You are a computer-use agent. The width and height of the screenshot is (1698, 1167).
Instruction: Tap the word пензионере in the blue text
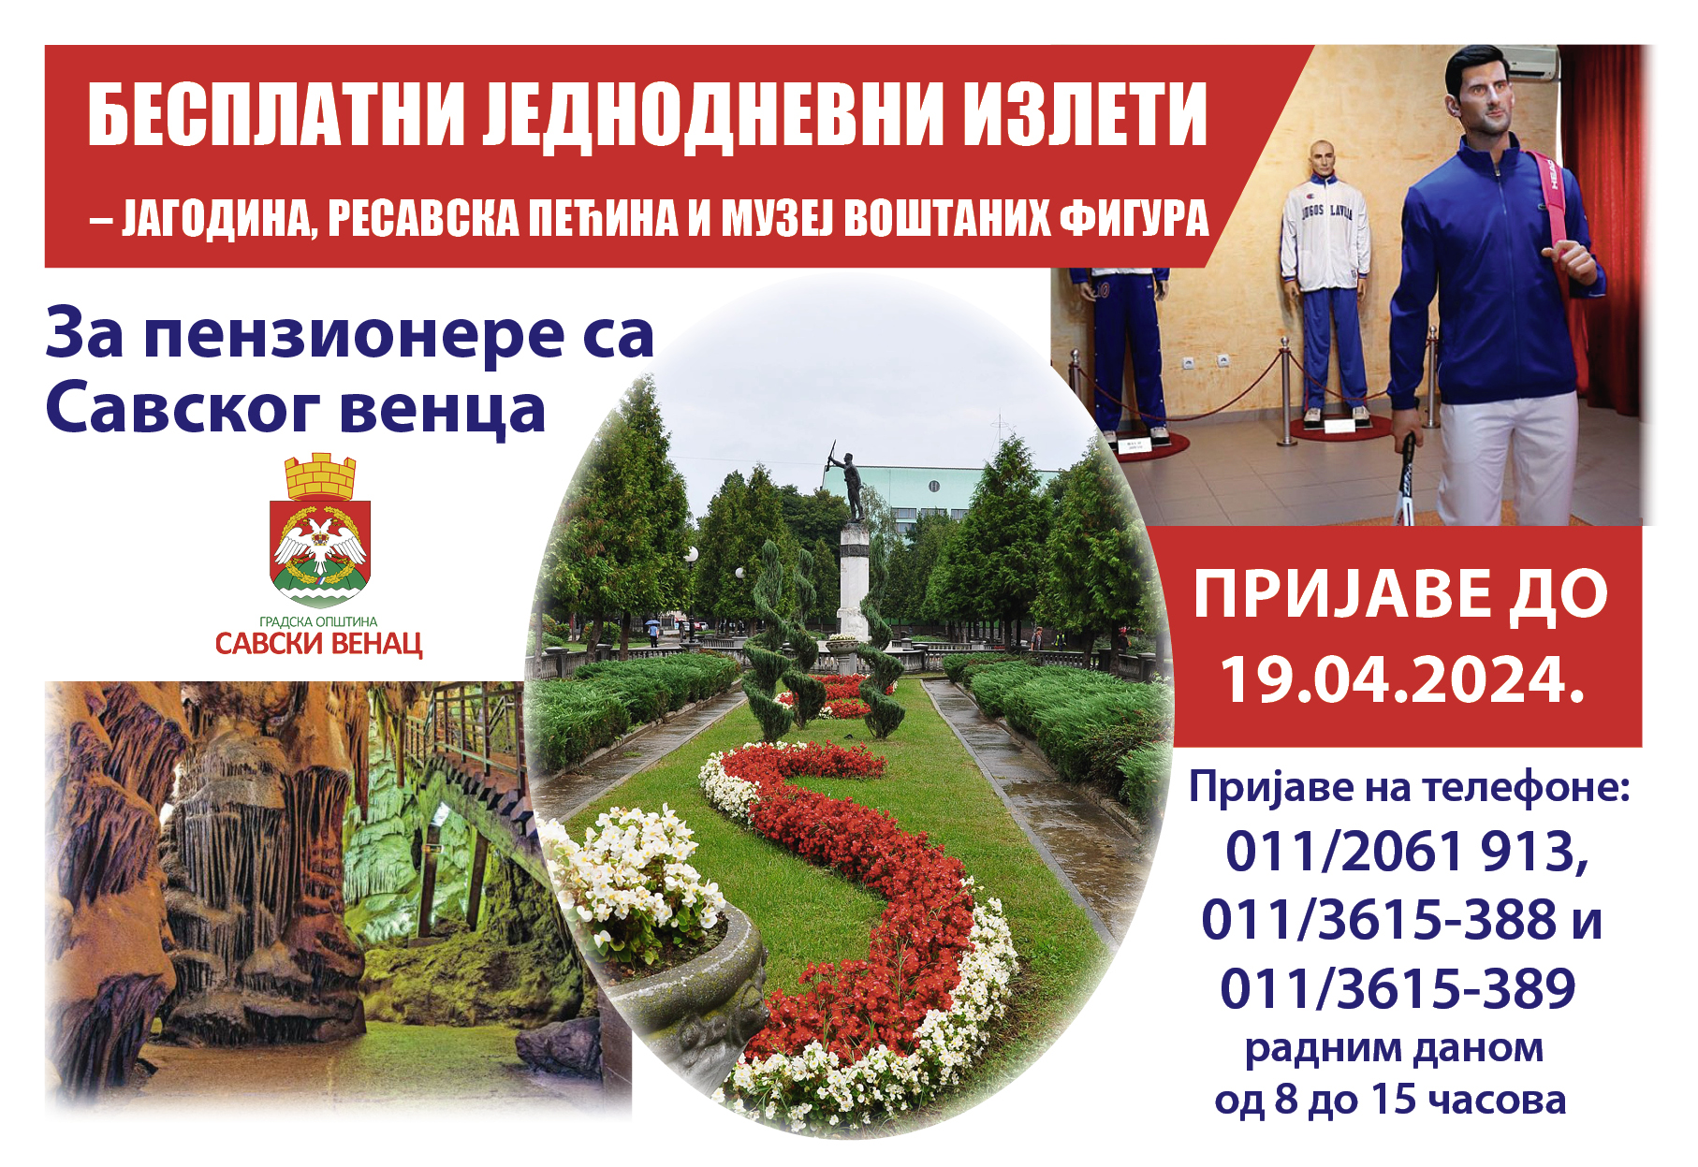coord(355,336)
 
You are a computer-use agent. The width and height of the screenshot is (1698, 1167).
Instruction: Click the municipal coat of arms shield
coord(320,552)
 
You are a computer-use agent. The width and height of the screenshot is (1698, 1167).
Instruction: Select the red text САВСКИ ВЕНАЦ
coord(318,645)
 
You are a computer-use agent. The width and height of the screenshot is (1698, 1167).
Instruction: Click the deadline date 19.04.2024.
coord(1401,679)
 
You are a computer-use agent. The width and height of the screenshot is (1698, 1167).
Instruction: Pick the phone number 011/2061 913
coord(1407,852)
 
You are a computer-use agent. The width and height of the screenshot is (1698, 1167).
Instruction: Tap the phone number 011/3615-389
coord(1398,988)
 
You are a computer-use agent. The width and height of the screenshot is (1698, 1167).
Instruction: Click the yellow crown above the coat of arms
coord(320,476)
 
